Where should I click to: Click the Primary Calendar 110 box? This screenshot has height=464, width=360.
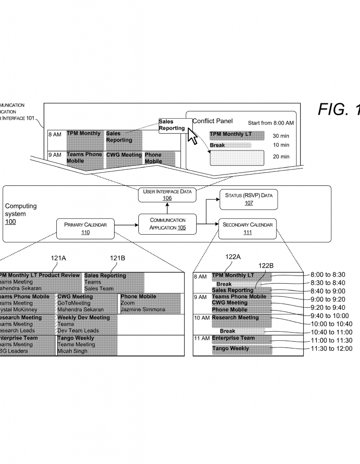(85, 228)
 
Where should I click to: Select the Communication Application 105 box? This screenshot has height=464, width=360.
(168, 223)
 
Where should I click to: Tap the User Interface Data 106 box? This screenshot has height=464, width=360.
(167, 194)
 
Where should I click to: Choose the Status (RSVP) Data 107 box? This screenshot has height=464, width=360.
(248, 200)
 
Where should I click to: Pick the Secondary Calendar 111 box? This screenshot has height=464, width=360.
(248, 228)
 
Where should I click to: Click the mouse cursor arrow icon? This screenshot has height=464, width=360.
(192, 135)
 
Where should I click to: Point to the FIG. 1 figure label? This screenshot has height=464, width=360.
(338, 109)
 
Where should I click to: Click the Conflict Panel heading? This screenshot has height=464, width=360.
(213, 121)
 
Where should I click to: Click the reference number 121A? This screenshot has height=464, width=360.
(58, 258)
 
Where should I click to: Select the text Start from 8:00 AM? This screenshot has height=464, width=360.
(271, 123)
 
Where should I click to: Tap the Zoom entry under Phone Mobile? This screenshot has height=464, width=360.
(127, 303)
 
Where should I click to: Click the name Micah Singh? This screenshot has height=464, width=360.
(73, 351)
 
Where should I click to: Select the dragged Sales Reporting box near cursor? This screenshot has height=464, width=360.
(172, 125)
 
